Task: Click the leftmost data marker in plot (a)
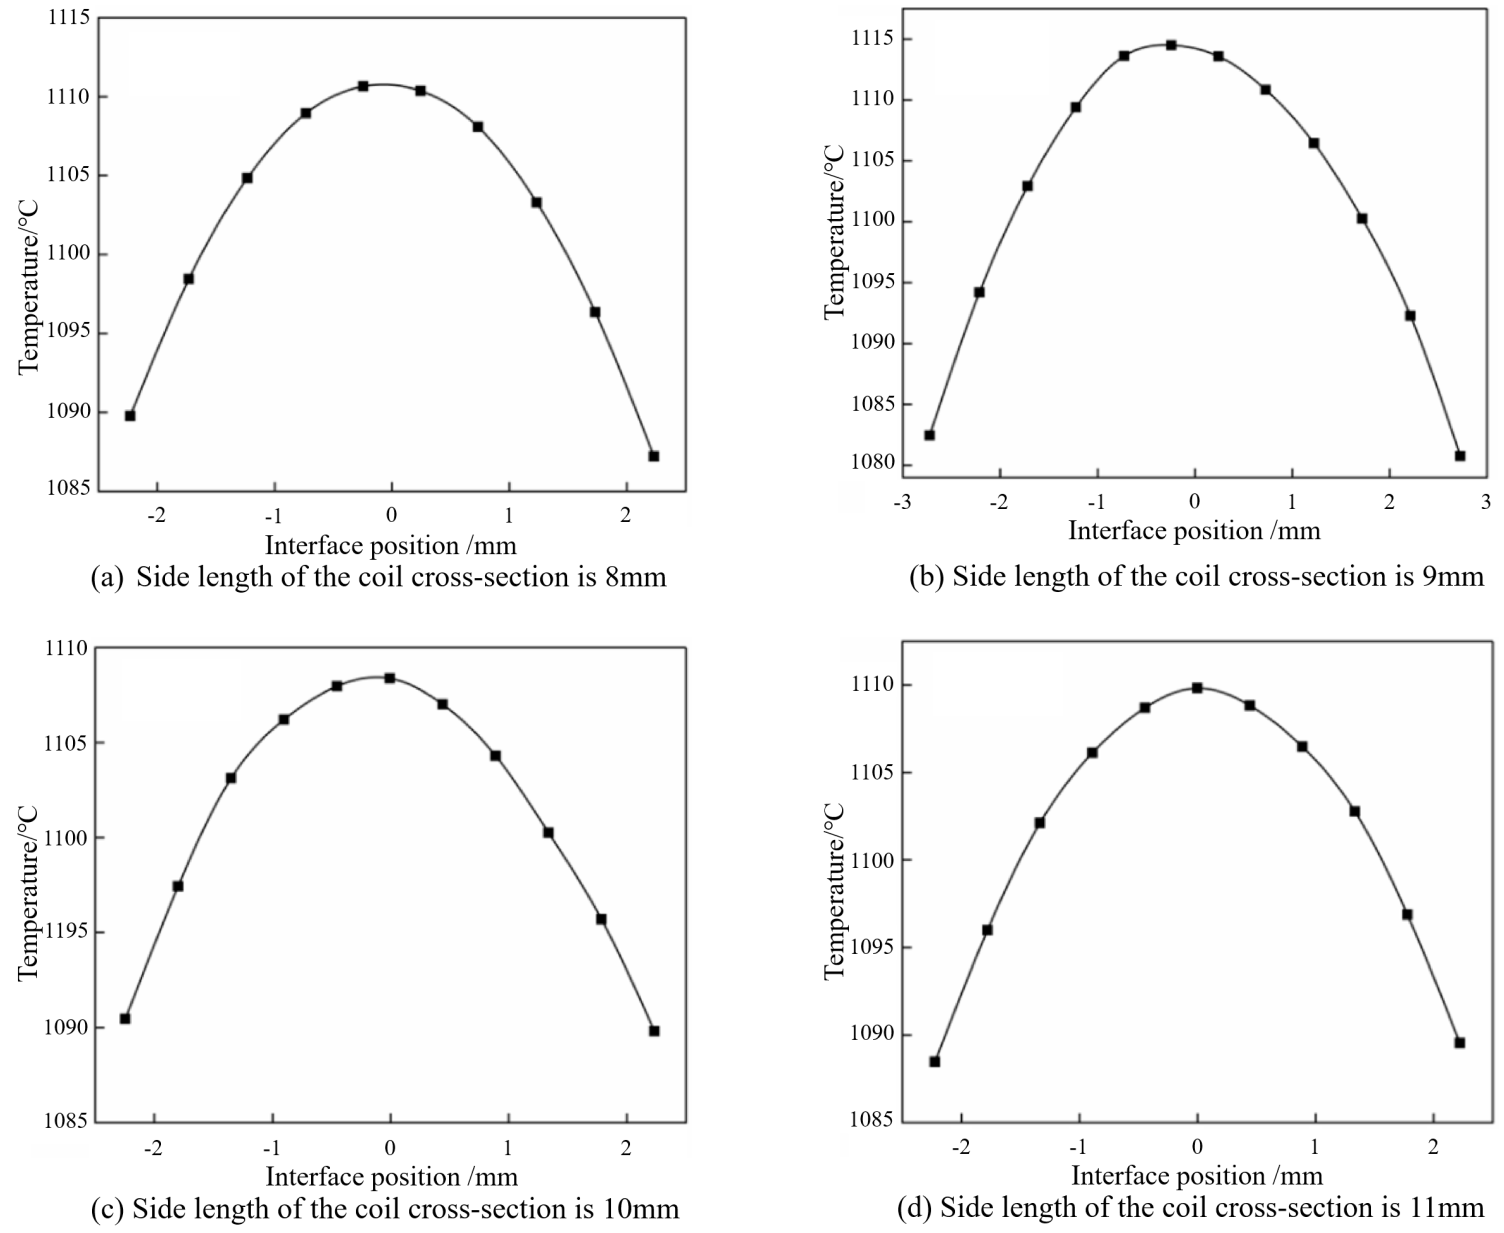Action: coord(130,415)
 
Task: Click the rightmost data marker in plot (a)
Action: coord(654,456)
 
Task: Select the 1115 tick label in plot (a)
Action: coord(69,18)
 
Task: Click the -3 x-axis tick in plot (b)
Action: coord(902,502)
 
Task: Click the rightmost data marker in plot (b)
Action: coord(1460,456)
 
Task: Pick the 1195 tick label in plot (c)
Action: coord(66,932)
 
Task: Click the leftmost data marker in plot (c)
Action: coord(125,1018)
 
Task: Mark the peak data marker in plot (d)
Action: coord(1197,687)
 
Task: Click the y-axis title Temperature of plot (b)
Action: coord(834,233)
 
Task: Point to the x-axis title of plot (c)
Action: coord(391,1176)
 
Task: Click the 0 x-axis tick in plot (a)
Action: coord(391,515)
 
